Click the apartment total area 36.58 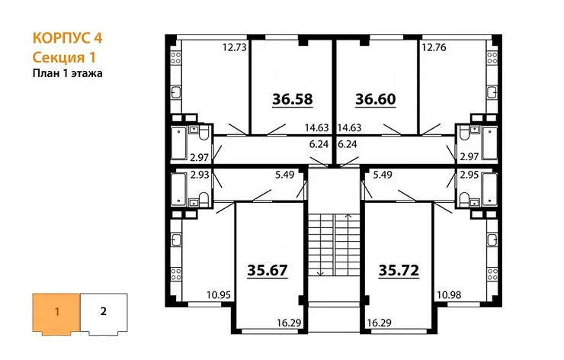(x=293, y=99)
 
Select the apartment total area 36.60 (x=376, y=99)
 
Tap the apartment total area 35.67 (x=268, y=270)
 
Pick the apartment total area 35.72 (x=399, y=270)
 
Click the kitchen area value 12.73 (x=235, y=47)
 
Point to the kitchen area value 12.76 (x=434, y=47)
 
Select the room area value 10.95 (x=219, y=295)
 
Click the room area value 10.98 (x=449, y=295)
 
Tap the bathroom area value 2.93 (x=200, y=175)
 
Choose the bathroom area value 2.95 (x=469, y=175)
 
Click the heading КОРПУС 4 (x=68, y=38)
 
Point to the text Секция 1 (x=64, y=58)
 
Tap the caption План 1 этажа (x=68, y=73)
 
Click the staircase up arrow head (x=348, y=216)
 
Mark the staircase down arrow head (x=320, y=274)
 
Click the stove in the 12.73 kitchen (x=175, y=58)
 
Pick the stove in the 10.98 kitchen (x=492, y=274)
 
